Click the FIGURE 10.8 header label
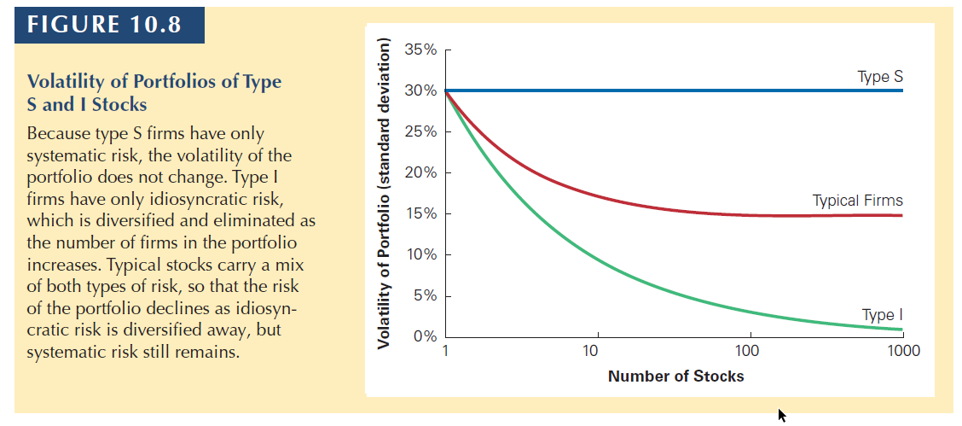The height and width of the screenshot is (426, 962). point(104,24)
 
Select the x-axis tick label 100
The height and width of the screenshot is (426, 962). point(748,351)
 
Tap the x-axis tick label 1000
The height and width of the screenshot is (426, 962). point(903,351)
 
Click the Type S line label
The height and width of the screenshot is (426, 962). point(880,77)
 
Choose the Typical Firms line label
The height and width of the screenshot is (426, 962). point(857,201)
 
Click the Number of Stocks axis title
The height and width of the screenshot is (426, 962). point(675,376)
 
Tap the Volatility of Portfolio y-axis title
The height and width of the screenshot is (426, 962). point(384,194)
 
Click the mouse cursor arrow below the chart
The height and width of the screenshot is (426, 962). point(782,415)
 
